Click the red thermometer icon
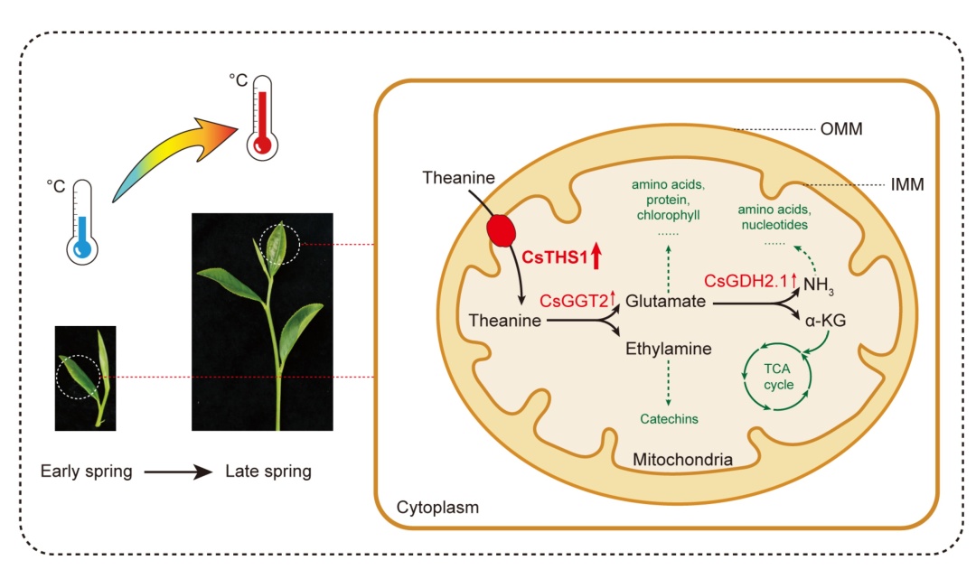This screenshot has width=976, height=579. (x=262, y=118)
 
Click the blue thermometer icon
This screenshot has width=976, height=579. (x=82, y=222)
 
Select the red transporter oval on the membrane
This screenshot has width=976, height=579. (x=501, y=230)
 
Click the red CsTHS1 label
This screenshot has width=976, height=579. (x=555, y=257)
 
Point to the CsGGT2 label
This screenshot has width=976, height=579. (x=573, y=301)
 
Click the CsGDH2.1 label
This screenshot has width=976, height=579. (x=745, y=281)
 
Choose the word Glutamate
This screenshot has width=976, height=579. (x=665, y=301)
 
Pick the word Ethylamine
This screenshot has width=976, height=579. (x=669, y=349)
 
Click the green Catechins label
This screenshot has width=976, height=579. (x=669, y=419)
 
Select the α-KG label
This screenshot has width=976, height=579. (x=825, y=321)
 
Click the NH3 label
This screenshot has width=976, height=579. (x=818, y=285)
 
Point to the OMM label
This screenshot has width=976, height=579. (x=841, y=129)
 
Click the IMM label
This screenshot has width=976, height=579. (x=907, y=184)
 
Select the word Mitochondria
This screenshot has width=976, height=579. (x=682, y=460)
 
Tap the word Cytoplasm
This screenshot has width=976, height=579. (x=437, y=508)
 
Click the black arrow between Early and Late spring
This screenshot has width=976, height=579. (x=179, y=472)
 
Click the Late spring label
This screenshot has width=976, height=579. (x=268, y=472)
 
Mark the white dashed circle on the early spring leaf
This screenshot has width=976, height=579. (x=57, y=377)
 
